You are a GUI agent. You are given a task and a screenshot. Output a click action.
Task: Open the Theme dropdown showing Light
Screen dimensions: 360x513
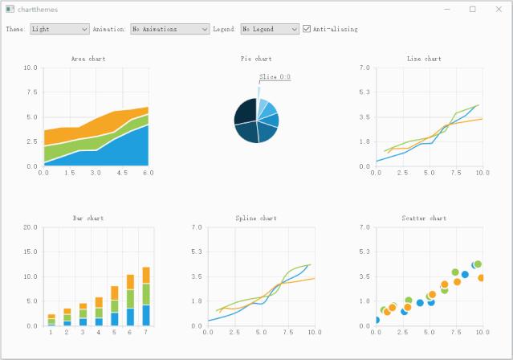click(x=59, y=29)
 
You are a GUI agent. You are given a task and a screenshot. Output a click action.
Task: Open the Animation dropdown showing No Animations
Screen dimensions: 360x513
click(x=169, y=29)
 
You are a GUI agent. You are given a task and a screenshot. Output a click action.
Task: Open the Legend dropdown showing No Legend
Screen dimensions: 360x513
click(x=269, y=29)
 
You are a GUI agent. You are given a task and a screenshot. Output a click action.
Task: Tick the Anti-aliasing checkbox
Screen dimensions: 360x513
click(x=307, y=29)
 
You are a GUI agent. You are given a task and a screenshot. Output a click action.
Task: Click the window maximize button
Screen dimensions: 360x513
click(x=473, y=9)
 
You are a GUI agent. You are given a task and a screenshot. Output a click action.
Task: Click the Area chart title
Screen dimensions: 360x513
click(x=88, y=59)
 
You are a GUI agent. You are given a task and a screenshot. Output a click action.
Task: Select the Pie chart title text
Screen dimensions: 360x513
click(x=256, y=59)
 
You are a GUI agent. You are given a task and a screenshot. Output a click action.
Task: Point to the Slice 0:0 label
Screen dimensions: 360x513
click(x=275, y=77)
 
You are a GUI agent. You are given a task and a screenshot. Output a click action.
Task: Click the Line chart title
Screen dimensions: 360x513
click(x=424, y=59)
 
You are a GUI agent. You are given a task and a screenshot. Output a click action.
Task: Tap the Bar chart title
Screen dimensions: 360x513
click(x=88, y=218)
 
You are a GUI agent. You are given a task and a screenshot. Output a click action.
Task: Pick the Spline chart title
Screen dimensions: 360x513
click(x=256, y=218)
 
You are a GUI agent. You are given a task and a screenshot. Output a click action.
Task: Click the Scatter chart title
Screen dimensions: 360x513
click(x=424, y=218)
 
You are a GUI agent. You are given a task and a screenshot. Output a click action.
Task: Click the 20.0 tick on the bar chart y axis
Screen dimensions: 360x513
click(x=30, y=227)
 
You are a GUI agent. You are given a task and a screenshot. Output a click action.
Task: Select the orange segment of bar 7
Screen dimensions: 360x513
click(x=146, y=275)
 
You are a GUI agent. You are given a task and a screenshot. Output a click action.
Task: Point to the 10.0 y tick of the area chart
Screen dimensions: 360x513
click(x=30, y=67)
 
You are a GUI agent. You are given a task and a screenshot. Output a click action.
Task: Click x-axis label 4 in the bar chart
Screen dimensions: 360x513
click(x=99, y=332)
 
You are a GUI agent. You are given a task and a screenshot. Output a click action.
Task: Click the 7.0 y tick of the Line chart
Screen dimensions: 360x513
click(x=364, y=67)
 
